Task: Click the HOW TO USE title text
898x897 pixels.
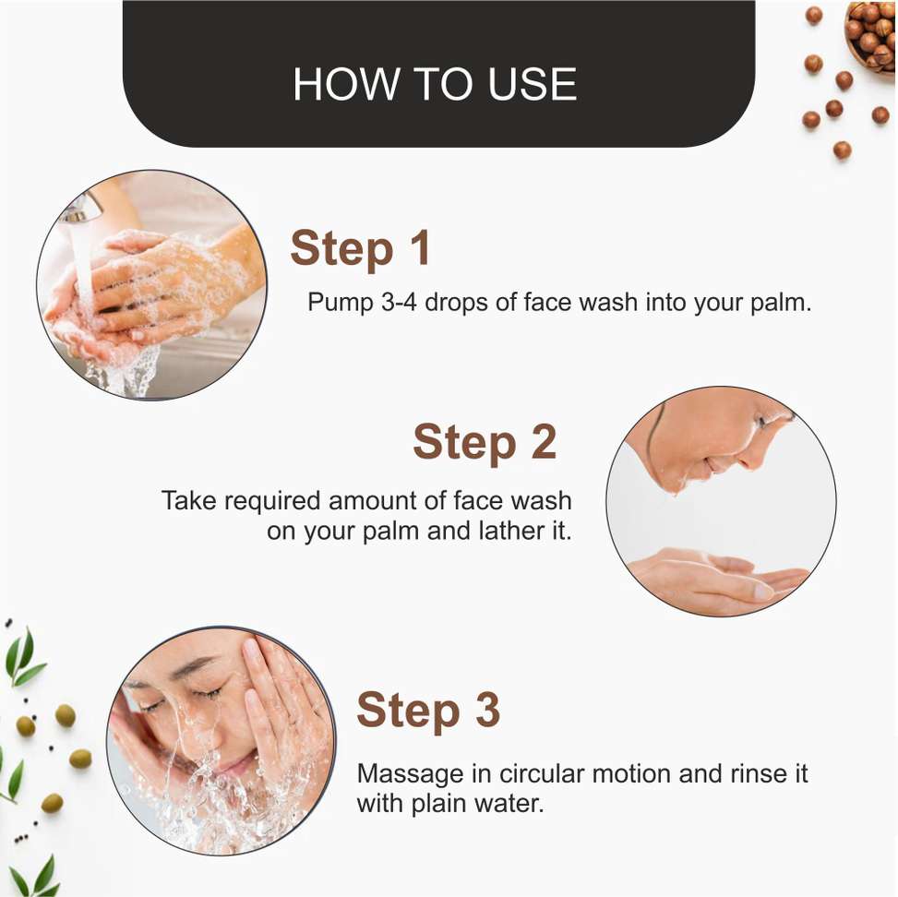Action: [x=435, y=84]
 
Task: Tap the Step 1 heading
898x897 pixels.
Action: [x=360, y=248]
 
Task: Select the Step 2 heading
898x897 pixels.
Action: [x=485, y=442]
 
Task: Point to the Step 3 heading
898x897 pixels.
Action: [x=428, y=710]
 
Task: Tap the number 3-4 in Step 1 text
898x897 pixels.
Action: [x=399, y=302]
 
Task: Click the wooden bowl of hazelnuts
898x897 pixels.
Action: [x=871, y=37]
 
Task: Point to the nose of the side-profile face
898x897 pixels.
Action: [x=752, y=454]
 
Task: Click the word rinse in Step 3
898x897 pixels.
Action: [x=758, y=774]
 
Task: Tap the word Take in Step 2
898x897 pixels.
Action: [x=189, y=500]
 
